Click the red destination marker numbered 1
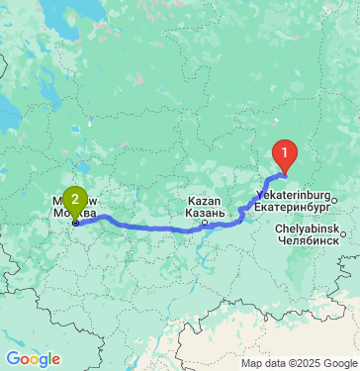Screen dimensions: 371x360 click(x=285, y=155)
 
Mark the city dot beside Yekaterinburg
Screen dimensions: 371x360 click(x=334, y=201)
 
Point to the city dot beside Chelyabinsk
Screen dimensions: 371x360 click(x=343, y=232)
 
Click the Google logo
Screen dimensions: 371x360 click(x=33, y=359)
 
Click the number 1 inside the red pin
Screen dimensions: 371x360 click(x=285, y=152)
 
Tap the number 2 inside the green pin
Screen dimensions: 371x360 click(x=75, y=199)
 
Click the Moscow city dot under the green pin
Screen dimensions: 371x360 click(x=75, y=223)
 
